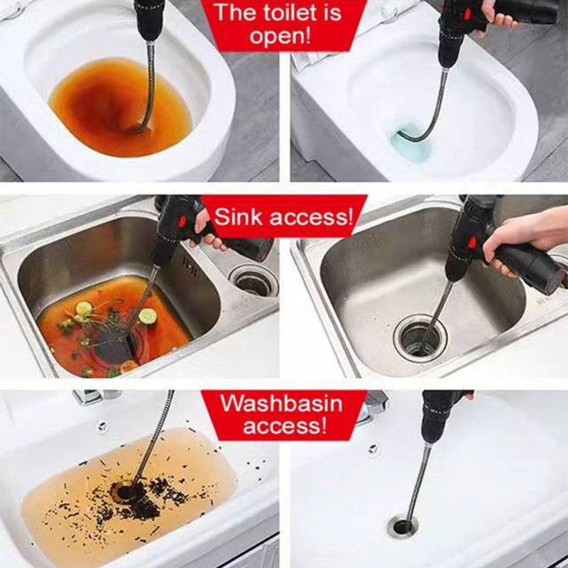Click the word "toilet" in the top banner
286,13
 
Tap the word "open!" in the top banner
280,36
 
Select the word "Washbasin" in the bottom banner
281,403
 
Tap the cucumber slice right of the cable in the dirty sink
148,316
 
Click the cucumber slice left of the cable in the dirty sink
84,308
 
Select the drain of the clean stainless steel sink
420,339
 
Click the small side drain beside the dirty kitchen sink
253,280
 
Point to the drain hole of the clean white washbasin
402,527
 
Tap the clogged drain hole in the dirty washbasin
125,493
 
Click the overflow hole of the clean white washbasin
373,449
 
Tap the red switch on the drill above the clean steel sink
473,241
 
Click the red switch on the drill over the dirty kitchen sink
182,221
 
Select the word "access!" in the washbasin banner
285,425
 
